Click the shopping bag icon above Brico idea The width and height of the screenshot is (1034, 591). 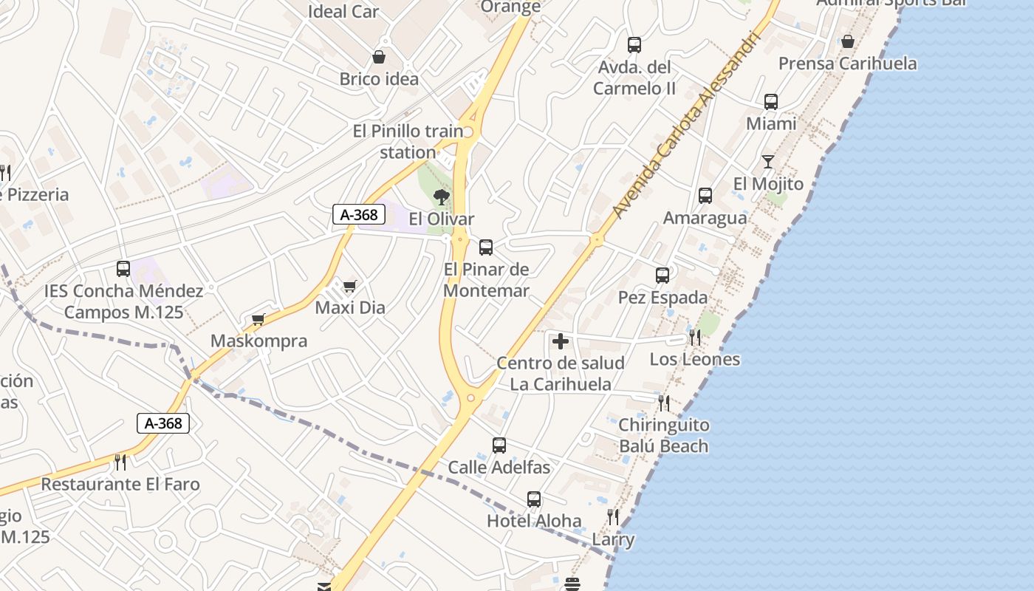pos(379,57)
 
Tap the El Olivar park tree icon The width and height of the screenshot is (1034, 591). pos(442,197)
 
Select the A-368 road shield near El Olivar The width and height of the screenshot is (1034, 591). pos(360,215)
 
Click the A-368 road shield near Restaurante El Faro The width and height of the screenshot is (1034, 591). pos(163,423)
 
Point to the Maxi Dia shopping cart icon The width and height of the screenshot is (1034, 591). pos(349,286)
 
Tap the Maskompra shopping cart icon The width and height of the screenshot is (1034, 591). pos(258,319)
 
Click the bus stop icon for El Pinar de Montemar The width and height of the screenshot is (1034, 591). pos(486,247)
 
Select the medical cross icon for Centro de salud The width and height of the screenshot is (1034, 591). pos(561,341)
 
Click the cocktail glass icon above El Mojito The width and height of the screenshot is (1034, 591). pos(768,161)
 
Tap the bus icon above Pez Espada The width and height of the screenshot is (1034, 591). pos(662,276)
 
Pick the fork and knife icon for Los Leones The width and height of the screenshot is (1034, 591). pos(694,338)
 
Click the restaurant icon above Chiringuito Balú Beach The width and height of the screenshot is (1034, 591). pos(664,403)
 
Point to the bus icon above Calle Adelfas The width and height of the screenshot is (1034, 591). pos(499,445)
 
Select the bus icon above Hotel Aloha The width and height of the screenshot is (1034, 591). pos(534,499)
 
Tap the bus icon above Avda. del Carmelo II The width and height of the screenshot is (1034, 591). pos(634,45)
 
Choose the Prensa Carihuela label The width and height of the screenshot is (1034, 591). pos(848,64)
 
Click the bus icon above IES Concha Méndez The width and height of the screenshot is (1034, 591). pos(123,269)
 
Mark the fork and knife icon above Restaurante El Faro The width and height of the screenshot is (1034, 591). pos(120,462)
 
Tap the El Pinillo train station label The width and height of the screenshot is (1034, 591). pos(408,142)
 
